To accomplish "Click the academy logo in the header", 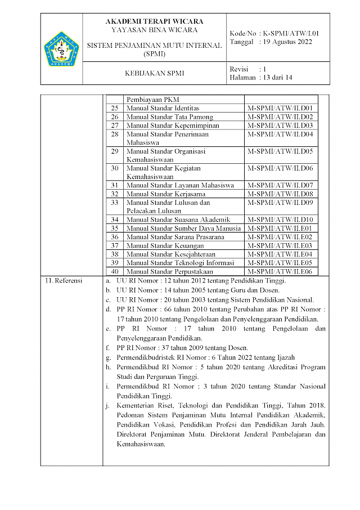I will pyautogui.click(x=62, y=49).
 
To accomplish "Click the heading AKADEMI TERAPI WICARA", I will pyautogui.click(x=151, y=21).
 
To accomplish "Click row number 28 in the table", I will pyautogui.click(x=115, y=134).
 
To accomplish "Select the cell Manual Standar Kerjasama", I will pyautogui.click(x=165, y=194).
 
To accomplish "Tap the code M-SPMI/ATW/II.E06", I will pyautogui.click(x=280, y=271).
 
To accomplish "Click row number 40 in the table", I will pyautogui.click(x=115, y=271).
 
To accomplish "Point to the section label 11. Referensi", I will pyautogui.click(x=64, y=280).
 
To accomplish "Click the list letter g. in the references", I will pyautogui.click(x=108, y=357).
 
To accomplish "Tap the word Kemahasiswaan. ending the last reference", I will pyautogui.click(x=141, y=444).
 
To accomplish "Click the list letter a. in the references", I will pyautogui.click(x=108, y=280).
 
